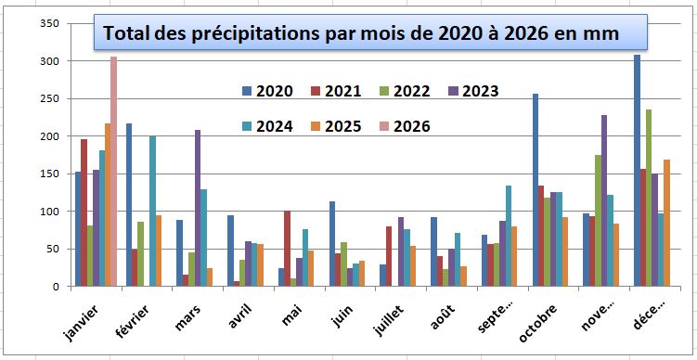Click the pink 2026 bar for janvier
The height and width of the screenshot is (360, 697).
(114, 172)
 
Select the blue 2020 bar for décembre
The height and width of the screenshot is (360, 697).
(638, 171)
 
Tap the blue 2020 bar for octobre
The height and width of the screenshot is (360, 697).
(536, 190)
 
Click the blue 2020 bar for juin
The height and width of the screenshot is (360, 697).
(331, 244)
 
